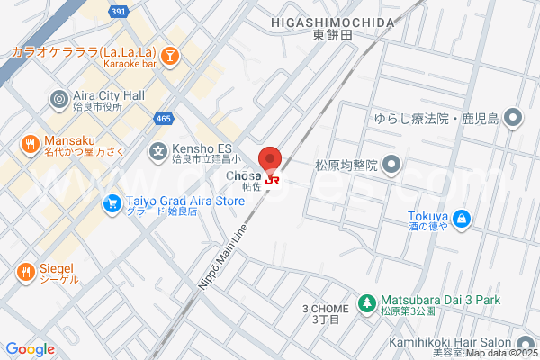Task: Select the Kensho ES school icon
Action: click(x=158, y=151)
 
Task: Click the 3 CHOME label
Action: click(x=325, y=308)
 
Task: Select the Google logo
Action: click(x=30, y=349)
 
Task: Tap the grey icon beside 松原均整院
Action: click(x=391, y=165)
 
